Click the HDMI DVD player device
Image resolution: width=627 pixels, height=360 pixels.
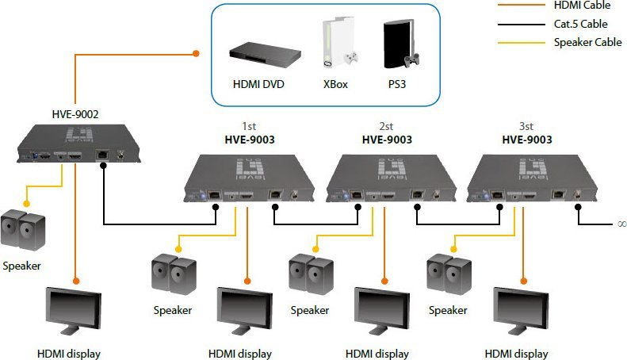tap(265, 52)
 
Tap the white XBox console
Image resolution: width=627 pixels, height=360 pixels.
tap(339, 42)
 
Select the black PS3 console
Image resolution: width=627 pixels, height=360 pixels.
tap(400, 44)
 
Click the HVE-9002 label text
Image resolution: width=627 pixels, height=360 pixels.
tap(75, 114)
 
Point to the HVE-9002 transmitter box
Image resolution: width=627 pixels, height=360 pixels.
tap(78, 144)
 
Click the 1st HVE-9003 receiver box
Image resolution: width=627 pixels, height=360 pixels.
tap(249, 178)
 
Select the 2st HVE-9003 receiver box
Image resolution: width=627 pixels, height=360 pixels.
tap(391, 178)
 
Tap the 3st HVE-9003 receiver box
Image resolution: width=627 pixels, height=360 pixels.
tap(532, 178)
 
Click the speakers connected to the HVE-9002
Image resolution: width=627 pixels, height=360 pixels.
tap(23, 230)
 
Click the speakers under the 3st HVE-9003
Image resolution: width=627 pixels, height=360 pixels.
tap(449, 274)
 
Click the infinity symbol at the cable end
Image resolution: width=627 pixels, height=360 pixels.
tap(621, 224)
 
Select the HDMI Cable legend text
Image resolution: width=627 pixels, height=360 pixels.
tap(582, 6)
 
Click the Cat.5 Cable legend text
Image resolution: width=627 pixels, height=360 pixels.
tap(580, 24)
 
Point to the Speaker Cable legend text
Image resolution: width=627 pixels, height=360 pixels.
tap(588, 42)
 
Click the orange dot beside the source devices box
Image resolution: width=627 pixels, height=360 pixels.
tap(196, 53)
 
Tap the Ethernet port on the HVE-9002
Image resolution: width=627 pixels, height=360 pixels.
tap(103, 154)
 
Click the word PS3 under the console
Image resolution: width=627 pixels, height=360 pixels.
tap(397, 84)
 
